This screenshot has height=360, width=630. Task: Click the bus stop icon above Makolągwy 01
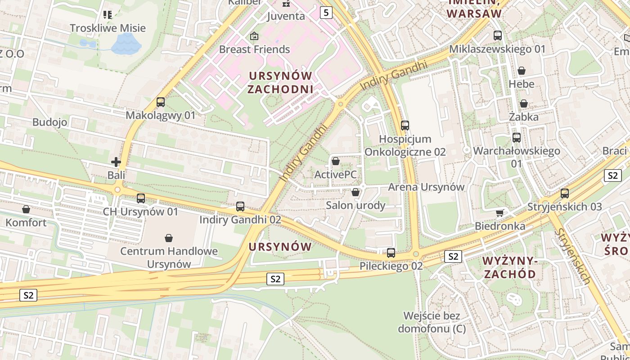tap(161, 102)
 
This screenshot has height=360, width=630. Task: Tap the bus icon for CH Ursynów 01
tap(141, 198)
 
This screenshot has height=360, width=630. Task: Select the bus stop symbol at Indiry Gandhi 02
tap(240, 207)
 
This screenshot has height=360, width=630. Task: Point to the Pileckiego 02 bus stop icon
tap(391, 253)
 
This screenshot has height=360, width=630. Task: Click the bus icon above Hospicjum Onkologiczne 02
tap(405, 126)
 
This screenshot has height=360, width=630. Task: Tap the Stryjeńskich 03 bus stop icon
tap(564, 193)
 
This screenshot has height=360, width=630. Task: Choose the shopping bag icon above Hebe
tap(522, 71)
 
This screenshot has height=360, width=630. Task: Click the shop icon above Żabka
tap(524, 104)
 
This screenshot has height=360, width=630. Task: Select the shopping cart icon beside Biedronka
tap(499, 213)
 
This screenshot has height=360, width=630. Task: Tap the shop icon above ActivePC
tap(335, 161)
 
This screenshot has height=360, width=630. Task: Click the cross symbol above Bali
tap(116, 162)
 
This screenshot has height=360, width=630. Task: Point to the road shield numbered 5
tap(326, 13)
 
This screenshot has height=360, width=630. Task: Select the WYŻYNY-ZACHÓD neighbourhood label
tap(509, 267)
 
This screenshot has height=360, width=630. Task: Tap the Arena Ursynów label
tap(426, 187)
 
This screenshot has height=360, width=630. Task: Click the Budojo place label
tap(49, 122)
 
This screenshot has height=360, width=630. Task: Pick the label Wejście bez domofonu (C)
tap(432, 322)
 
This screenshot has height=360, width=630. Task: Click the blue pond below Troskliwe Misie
tap(126, 44)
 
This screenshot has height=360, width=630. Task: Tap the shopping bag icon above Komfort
tap(26, 209)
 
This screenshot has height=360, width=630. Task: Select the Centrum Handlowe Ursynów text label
tap(169, 257)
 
